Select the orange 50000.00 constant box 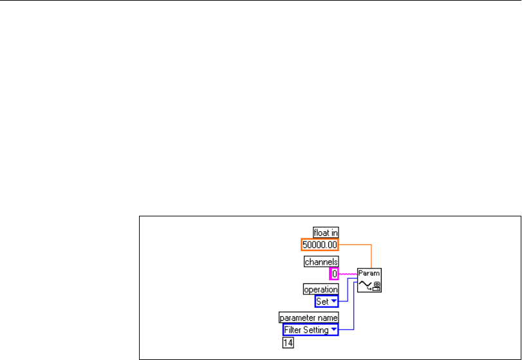tap(320, 245)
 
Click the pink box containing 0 tap(335, 274)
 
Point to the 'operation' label tap(321, 290)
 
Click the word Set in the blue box tap(322, 301)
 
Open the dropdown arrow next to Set tap(333, 301)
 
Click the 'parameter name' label tap(308, 317)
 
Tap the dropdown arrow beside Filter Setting tap(334, 330)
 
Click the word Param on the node tap(369, 273)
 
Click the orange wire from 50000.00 tap(360, 245)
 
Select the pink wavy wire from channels tap(348, 274)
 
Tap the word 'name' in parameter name tap(327, 317)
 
